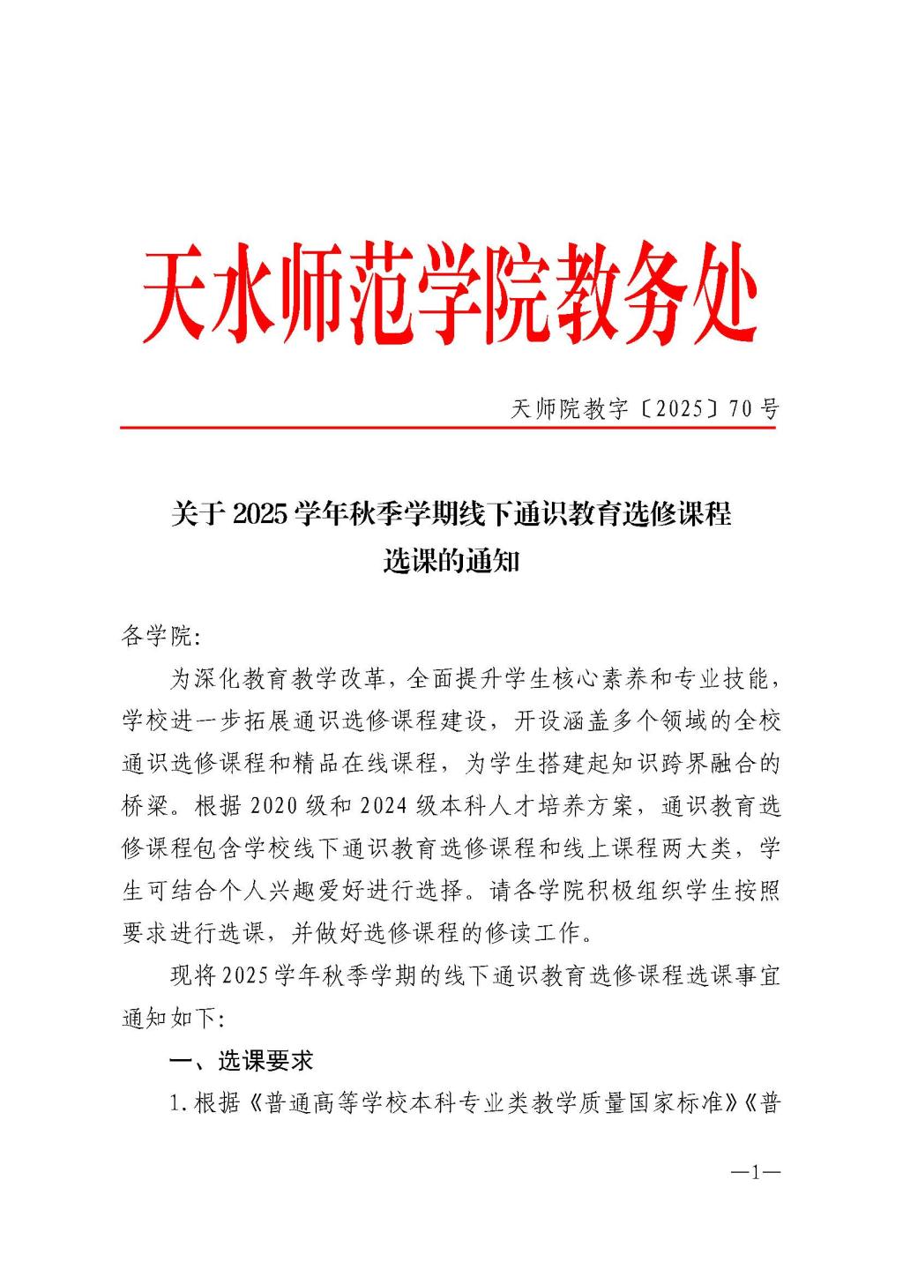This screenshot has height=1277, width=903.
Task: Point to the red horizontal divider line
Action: tap(448, 428)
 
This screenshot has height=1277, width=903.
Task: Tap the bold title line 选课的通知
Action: tap(451, 561)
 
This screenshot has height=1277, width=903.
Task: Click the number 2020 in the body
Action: tap(276, 806)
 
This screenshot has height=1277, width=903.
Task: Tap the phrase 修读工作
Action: tap(543, 932)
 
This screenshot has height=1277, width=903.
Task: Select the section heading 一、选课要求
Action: tap(241, 1060)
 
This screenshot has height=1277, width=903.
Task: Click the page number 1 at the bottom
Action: tap(756, 1172)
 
